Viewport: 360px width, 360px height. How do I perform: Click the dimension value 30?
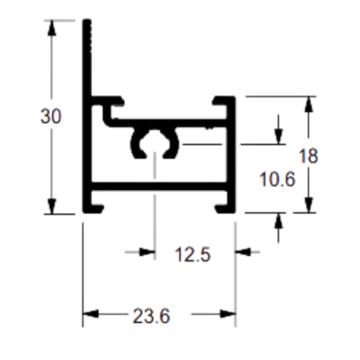(x=50, y=116)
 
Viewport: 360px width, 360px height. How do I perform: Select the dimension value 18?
(x=308, y=156)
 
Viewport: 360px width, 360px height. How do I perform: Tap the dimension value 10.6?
(x=277, y=179)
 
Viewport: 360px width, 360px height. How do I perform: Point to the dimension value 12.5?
(x=193, y=255)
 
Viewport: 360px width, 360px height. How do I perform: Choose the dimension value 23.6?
(x=152, y=316)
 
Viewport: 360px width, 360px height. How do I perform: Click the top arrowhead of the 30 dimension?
(x=51, y=28)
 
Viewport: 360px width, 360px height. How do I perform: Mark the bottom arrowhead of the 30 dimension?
(x=51, y=207)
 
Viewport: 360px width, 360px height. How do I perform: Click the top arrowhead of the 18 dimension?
(x=308, y=104)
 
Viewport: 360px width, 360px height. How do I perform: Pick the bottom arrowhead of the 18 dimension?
(x=308, y=205)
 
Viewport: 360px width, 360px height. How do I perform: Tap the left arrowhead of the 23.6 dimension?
(x=90, y=314)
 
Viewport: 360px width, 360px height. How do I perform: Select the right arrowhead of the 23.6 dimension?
(x=228, y=314)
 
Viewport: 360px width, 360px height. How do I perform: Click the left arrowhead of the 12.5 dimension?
(x=147, y=252)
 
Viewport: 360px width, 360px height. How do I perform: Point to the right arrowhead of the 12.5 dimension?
(x=244, y=252)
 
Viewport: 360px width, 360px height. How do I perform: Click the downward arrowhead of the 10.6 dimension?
(x=278, y=136)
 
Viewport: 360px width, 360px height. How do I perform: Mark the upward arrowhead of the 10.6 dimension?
(x=278, y=220)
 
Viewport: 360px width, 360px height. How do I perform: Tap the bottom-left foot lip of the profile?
(x=97, y=208)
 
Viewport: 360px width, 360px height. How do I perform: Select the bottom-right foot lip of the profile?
(x=221, y=208)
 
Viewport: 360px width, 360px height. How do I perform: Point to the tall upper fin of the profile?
(x=87, y=58)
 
